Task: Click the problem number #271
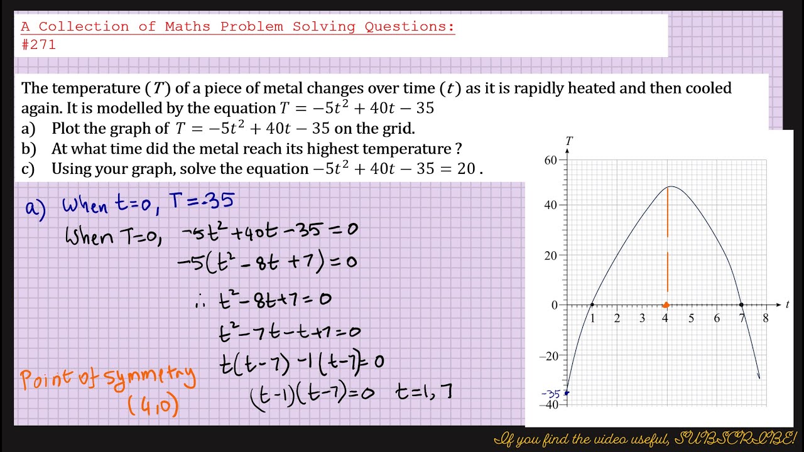[38, 45]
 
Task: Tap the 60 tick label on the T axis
[550, 160]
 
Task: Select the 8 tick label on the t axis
[766, 318]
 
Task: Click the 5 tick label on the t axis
[691, 318]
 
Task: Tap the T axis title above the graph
[569, 141]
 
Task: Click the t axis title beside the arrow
[787, 304]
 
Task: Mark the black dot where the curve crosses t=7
[742, 305]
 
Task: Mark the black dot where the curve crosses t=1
[592, 305]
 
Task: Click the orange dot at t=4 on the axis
[666, 306]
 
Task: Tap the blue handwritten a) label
[35, 208]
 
